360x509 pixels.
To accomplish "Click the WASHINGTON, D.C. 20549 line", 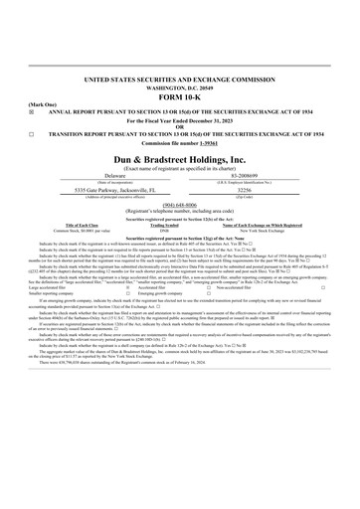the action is (179, 86).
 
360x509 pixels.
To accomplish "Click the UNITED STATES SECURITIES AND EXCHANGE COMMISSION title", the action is (179, 78).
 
